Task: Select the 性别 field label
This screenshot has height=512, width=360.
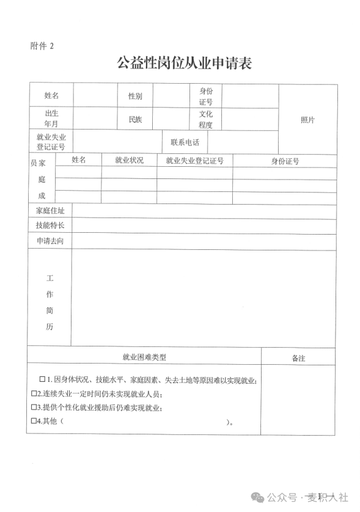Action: pyautogui.click(x=135, y=96)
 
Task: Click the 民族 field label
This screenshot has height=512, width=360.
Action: pyautogui.click(x=135, y=120)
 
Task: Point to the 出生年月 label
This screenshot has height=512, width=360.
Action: pyautogui.click(x=51, y=119)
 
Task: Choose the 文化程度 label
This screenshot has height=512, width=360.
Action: pyautogui.click(x=205, y=120)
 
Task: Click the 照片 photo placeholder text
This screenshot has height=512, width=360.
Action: pyautogui.click(x=307, y=120)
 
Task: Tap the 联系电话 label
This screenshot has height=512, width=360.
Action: pyautogui.click(x=185, y=142)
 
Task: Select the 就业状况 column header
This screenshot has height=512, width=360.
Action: pyautogui.click(x=129, y=161)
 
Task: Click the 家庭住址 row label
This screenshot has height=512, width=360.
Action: pyautogui.click(x=50, y=211)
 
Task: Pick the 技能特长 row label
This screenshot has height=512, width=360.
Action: pyautogui.click(x=50, y=226)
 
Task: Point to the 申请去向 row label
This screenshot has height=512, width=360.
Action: pyautogui.click(x=50, y=241)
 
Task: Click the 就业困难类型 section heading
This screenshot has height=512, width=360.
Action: pyautogui.click(x=144, y=357)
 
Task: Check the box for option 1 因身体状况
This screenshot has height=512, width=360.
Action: pyautogui.click(x=43, y=379)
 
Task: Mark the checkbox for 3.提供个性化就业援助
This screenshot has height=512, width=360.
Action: pyautogui.click(x=34, y=408)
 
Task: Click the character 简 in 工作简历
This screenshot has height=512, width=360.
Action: pyautogui.click(x=50, y=310)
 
